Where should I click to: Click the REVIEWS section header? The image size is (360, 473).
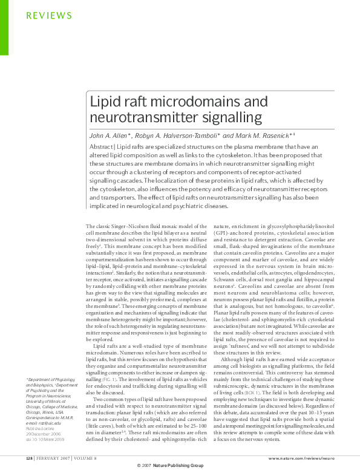click(50, 15)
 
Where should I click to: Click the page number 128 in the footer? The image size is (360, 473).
click(30, 458)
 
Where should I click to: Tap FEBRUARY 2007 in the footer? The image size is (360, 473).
click(56, 458)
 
